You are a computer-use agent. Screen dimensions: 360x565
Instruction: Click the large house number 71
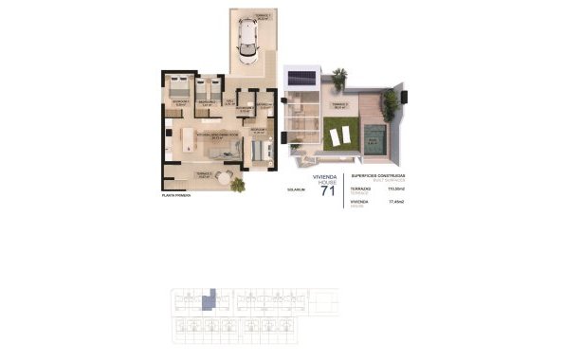click(x=328, y=192)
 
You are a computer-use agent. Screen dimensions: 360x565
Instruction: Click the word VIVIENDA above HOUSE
click(x=326, y=176)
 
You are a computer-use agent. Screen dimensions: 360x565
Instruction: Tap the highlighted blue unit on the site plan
click(x=212, y=298)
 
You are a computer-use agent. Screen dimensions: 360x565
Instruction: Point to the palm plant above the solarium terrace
click(x=339, y=74)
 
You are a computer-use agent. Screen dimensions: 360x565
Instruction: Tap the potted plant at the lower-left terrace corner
click(x=237, y=184)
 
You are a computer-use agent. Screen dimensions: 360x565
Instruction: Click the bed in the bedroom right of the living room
click(x=263, y=148)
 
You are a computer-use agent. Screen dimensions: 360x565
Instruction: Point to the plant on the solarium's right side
click(x=389, y=99)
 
